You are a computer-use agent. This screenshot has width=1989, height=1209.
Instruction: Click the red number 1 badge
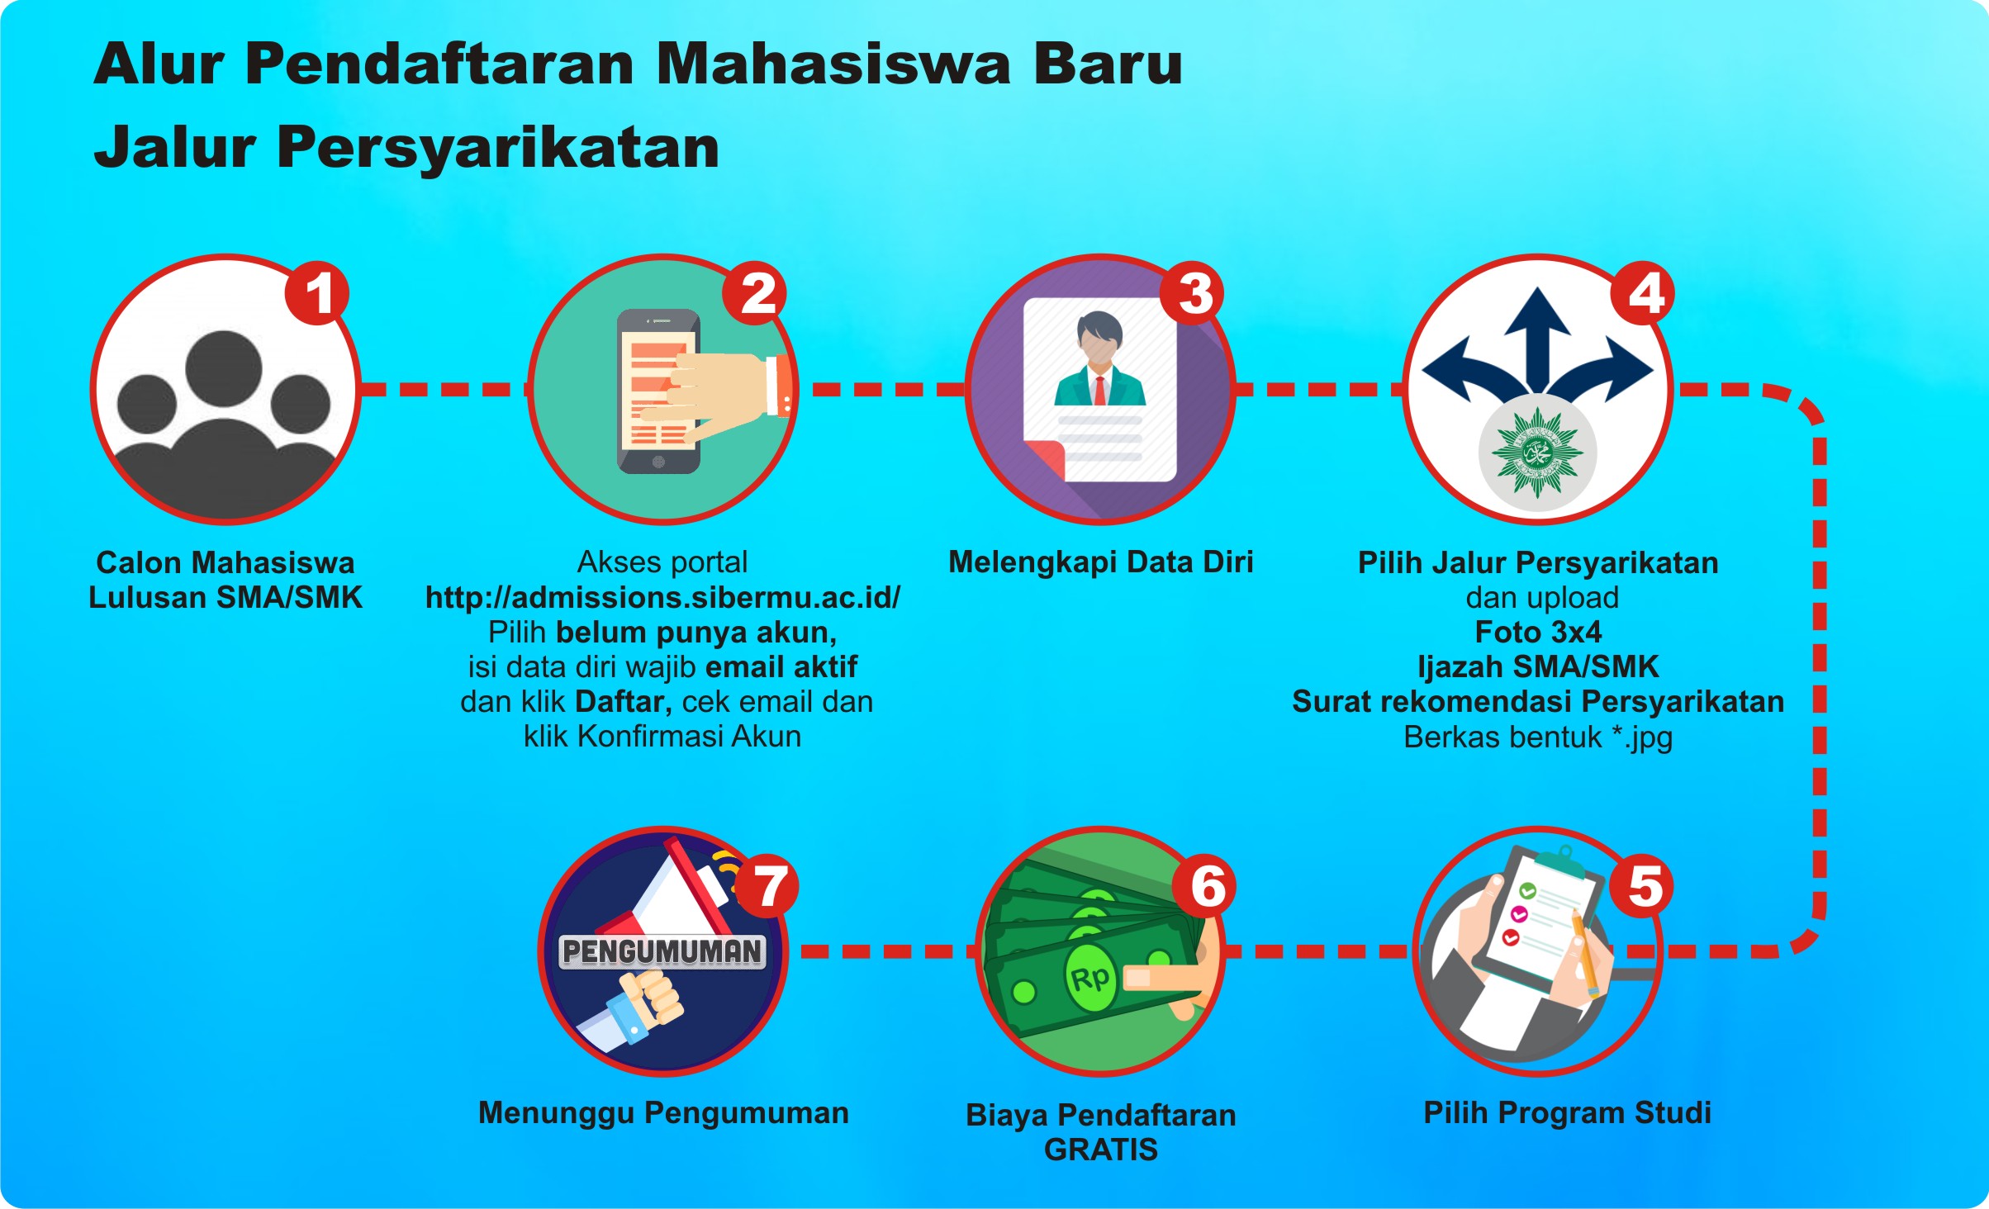tap(317, 293)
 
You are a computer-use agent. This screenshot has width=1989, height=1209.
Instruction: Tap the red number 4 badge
tap(1644, 293)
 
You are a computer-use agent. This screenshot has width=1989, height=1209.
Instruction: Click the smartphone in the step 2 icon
tap(659, 391)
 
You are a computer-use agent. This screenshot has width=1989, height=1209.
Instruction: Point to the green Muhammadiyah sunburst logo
tap(1537, 453)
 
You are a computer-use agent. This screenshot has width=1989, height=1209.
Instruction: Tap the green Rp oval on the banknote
tap(1090, 979)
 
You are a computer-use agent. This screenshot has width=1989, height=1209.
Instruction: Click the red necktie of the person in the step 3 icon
tap(1100, 390)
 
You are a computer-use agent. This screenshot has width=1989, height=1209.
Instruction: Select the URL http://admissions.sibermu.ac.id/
tap(662, 597)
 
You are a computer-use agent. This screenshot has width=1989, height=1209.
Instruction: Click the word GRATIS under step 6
tap(1101, 1150)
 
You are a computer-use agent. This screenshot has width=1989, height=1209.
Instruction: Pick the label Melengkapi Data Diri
tap(1101, 562)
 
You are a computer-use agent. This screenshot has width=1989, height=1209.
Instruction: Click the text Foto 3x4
tap(1538, 632)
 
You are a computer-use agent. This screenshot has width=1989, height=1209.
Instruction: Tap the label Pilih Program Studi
tap(1567, 1113)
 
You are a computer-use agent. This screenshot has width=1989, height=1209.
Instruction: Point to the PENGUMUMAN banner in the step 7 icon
tap(662, 951)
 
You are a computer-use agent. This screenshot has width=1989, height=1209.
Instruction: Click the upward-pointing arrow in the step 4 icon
tap(1537, 339)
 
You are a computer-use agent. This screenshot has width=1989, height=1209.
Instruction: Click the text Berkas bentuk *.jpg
tap(1538, 737)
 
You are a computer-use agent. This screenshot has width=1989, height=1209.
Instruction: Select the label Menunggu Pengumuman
tap(663, 1113)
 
